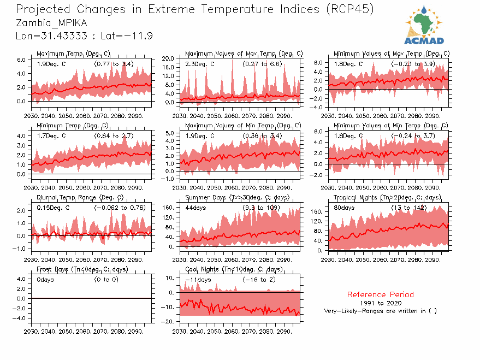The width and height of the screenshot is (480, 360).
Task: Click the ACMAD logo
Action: click(x=424, y=25)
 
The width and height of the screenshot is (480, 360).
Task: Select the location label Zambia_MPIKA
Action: click(x=51, y=23)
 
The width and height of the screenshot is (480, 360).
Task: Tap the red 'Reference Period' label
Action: click(x=380, y=294)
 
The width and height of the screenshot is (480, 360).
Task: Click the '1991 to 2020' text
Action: click(x=381, y=303)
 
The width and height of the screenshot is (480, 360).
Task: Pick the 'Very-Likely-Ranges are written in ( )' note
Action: click(x=380, y=311)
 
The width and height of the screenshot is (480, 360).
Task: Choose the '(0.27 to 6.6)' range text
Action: click(x=263, y=64)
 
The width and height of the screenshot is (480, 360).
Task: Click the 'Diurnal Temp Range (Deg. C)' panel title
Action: click(x=80, y=197)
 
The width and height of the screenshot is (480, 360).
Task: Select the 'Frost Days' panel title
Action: click(x=82, y=269)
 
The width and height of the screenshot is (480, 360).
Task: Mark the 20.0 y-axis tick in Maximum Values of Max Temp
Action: click(x=169, y=58)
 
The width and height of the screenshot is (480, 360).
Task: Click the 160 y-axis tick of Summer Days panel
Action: click(x=168, y=208)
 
